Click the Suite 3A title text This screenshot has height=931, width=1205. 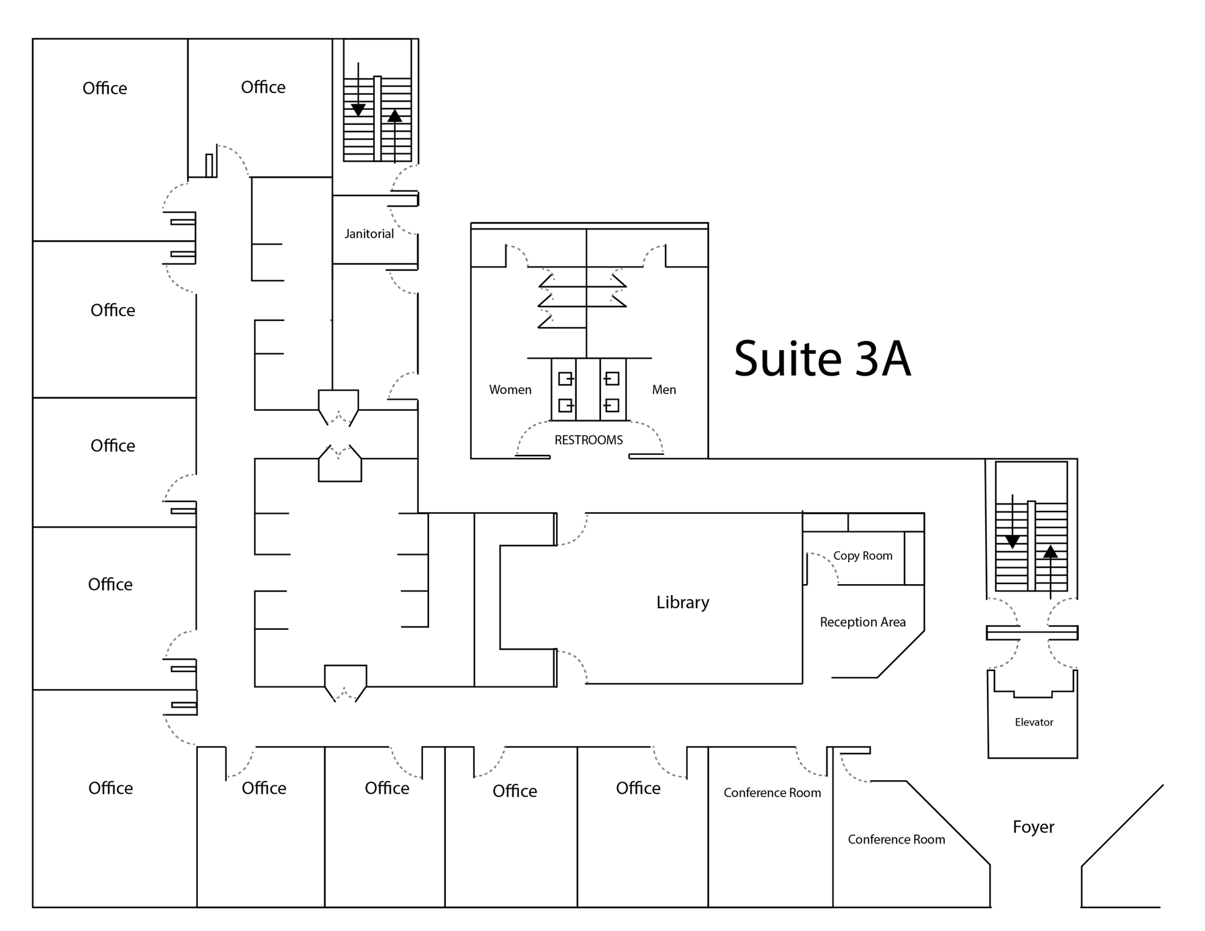(x=823, y=359)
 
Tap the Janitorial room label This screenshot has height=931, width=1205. (x=369, y=234)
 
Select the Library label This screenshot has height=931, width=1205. (x=683, y=602)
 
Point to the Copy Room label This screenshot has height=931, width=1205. (x=863, y=556)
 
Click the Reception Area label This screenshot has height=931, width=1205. (x=863, y=622)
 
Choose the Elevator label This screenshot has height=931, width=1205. (x=1034, y=722)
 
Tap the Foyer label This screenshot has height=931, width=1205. (x=1034, y=827)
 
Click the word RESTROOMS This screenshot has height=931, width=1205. (x=589, y=440)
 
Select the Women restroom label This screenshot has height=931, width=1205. (x=510, y=390)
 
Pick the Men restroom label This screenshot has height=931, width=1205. (x=664, y=390)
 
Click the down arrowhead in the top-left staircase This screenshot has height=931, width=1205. (x=358, y=110)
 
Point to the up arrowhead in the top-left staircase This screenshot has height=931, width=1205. (x=395, y=115)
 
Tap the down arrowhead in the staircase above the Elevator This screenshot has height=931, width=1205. (x=1013, y=542)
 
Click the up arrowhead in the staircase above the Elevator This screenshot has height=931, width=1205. (x=1050, y=551)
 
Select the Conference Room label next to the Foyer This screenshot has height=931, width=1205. (x=896, y=840)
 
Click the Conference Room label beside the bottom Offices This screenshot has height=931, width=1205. (x=772, y=793)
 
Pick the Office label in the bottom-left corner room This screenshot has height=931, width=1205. (x=111, y=788)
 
